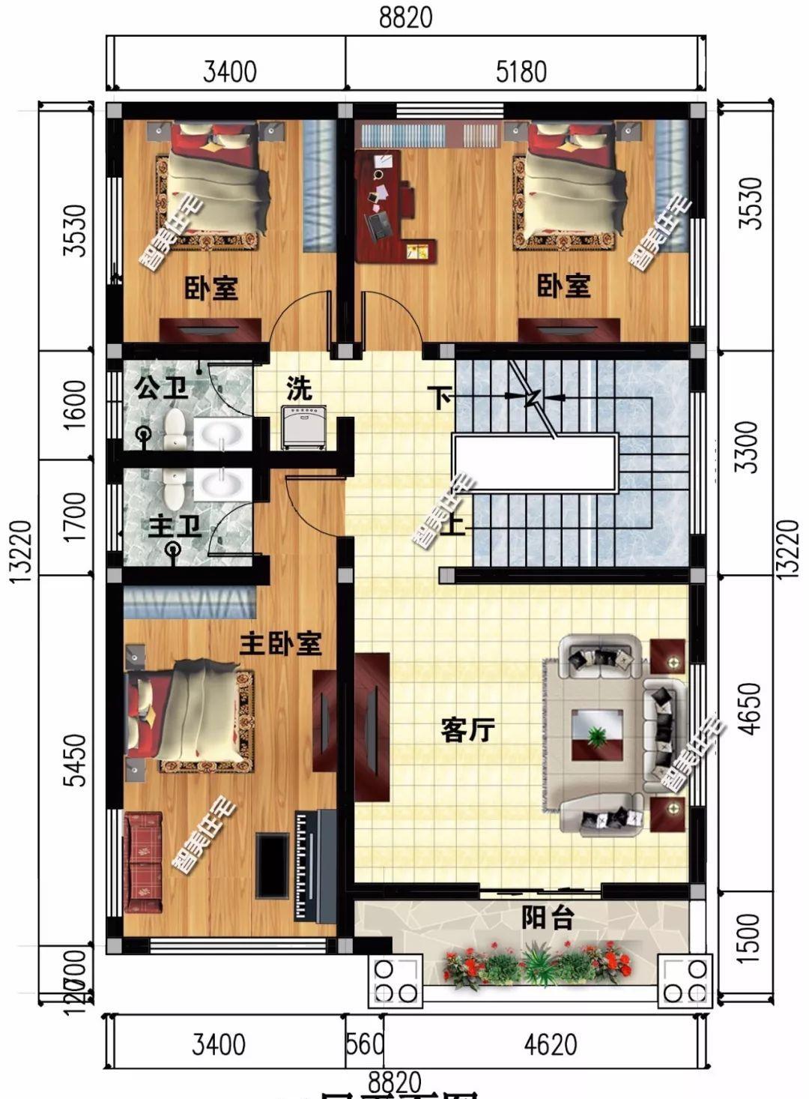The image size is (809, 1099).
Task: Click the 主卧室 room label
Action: click(280, 643)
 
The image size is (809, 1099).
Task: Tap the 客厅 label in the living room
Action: click(467, 729)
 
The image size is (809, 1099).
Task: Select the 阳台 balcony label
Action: click(548, 918)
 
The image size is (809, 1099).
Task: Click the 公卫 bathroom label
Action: click(160, 388)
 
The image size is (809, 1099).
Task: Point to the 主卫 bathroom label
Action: click(175, 526)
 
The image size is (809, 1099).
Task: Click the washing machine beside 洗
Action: click(303, 427)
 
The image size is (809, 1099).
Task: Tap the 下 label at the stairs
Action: click(440, 397)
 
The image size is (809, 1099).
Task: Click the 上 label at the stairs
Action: click(453, 526)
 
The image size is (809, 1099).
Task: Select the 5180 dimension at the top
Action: click(521, 73)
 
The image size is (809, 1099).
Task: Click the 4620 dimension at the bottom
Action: click(551, 1044)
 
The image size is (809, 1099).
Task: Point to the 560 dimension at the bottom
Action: click(365, 1044)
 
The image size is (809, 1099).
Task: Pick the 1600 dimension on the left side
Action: click(76, 405)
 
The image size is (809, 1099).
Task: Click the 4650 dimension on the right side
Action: click(749, 708)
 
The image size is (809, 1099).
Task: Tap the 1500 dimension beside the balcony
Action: click(749, 937)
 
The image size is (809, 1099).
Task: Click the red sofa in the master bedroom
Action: click(143, 862)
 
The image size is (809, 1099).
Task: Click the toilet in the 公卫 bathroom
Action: click(176, 429)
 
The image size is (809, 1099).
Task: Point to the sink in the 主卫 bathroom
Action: click(222, 484)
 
